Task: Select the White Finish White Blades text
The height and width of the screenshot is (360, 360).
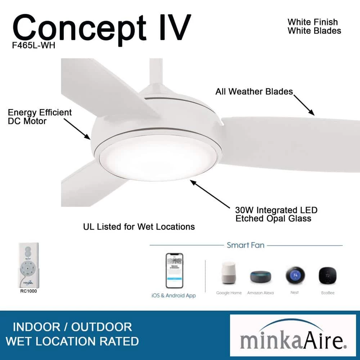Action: click(x=314, y=26)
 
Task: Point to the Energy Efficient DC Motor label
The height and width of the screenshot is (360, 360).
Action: click(x=40, y=117)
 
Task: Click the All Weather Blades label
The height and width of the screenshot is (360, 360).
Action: click(x=254, y=91)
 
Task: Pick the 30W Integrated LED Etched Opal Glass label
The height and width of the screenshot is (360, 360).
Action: click(x=276, y=214)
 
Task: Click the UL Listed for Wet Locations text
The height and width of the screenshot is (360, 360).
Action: click(x=139, y=226)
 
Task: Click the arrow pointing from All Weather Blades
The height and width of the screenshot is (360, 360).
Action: click(x=304, y=105)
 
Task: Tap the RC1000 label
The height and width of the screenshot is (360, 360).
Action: click(x=28, y=291)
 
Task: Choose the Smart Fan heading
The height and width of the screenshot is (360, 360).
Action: click(x=246, y=245)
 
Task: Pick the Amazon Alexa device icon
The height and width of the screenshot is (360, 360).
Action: click(x=260, y=276)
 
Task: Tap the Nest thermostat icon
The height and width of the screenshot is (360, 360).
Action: click(x=294, y=276)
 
